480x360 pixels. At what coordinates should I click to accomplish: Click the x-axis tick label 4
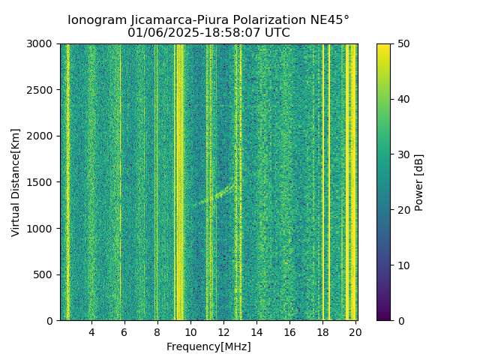(x=91, y=332)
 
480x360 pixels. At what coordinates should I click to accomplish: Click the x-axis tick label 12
(x=223, y=332)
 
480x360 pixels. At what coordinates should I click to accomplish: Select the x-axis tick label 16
(x=289, y=332)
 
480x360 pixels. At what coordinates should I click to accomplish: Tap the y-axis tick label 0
(x=51, y=321)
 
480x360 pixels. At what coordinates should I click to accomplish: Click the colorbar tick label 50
(x=401, y=43)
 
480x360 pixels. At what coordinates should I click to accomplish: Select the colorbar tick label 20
(x=401, y=210)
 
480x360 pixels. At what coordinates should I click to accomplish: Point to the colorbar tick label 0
(x=398, y=321)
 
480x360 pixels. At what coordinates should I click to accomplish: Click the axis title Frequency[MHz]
(x=208, y=346)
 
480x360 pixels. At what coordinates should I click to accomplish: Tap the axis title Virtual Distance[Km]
(x=16, y=182)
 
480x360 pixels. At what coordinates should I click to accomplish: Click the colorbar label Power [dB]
(x=419, y=182)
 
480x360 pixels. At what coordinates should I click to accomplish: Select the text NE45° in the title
(x=330, y=20)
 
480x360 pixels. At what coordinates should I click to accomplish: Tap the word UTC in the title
(x=276, y=33)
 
